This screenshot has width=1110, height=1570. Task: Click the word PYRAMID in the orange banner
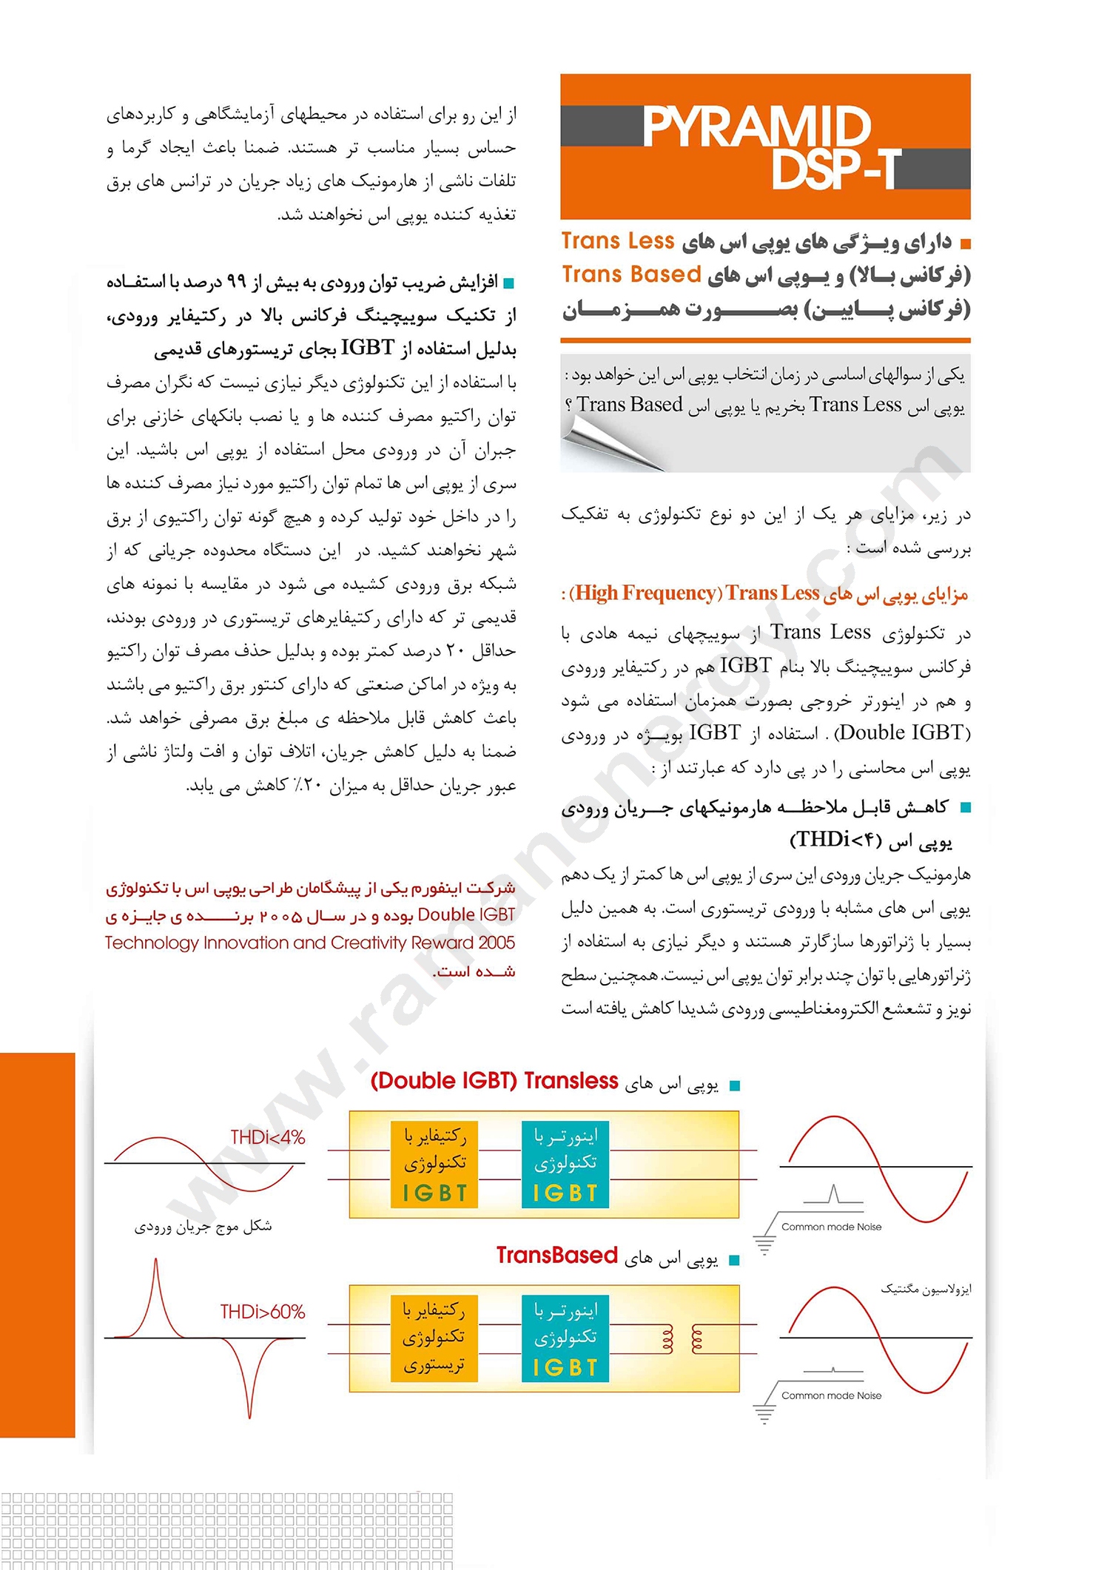[x=756, y=127]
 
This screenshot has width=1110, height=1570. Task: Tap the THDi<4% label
[x=267, y=1137]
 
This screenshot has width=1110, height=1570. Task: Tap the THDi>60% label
[x=263, y=1312]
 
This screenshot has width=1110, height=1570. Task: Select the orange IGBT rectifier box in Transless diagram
[x=434, y=1165]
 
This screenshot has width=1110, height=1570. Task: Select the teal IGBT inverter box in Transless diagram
[x=565, y=1165]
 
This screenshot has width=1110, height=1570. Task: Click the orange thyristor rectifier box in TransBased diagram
[x=434, y=1338]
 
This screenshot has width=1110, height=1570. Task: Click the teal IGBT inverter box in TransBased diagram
[x=565, y=1338]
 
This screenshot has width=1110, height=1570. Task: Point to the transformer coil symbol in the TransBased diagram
[x=682, y=1338]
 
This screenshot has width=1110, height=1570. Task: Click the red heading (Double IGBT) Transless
[x=494, y=1081]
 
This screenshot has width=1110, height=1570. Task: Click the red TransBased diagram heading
[x=556, y=1256]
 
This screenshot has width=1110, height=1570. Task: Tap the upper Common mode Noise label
[x=831, y=1227]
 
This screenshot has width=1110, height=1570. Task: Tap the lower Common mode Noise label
[x=831, y=1395]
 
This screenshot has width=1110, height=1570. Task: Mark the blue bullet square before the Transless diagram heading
[x=735, y=1085]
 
